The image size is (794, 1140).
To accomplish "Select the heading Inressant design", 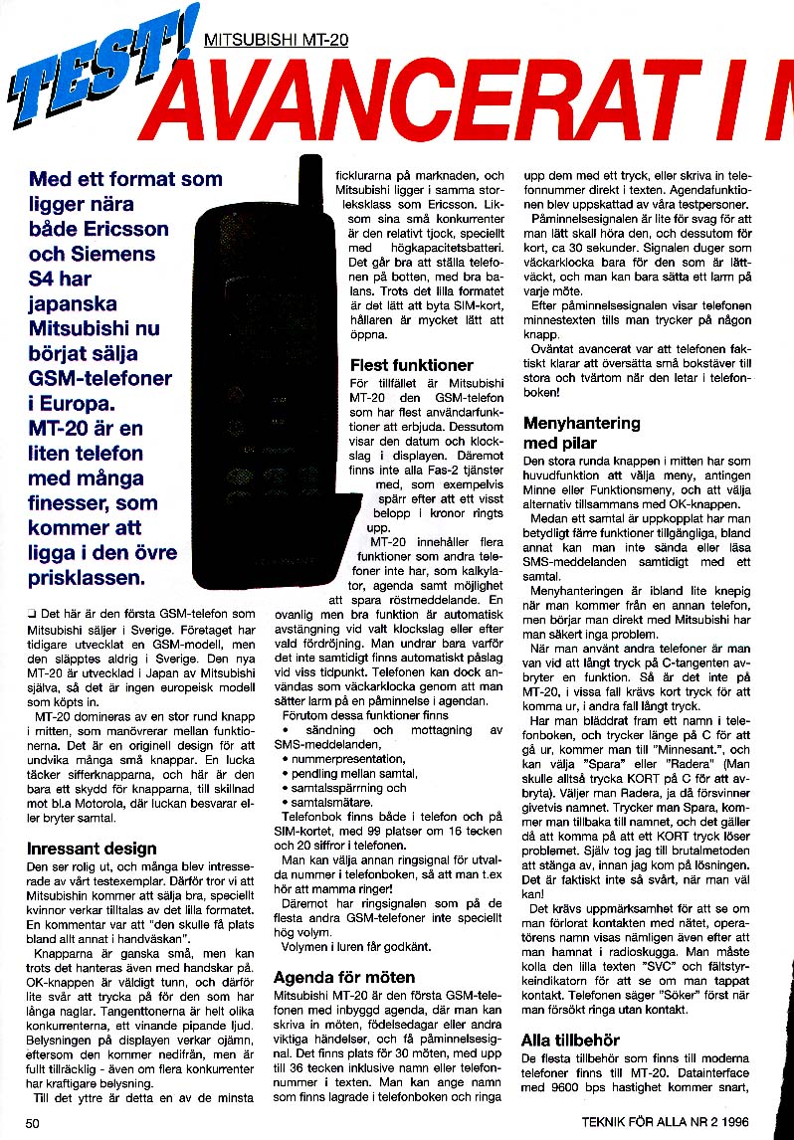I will pyautogui.click(x=92, y=849).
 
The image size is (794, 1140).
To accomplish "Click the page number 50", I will pyautogui.click(x=32, y=1124).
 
